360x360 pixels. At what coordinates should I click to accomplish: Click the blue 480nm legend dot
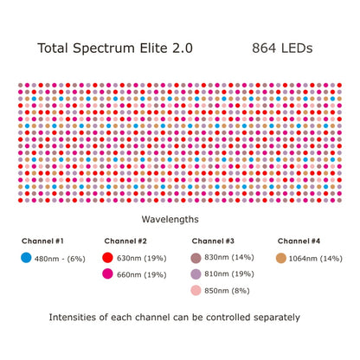(x=26, y=258)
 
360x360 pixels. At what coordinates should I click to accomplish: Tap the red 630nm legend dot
(x=108, y=258)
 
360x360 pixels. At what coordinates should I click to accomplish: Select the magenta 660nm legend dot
(x=108, y=274)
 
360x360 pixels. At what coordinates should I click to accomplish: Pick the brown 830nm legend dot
(x=196, y=258)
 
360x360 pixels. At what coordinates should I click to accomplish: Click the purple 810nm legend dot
(x=196, y=274)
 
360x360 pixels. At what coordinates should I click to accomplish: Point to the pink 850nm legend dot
(x=196, y=291)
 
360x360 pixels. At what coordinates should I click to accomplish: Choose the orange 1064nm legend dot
(x=281, y=258)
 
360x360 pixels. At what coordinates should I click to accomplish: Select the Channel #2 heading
(x=126, y=241)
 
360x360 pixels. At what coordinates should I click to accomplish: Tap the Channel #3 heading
(x=214, y=241)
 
